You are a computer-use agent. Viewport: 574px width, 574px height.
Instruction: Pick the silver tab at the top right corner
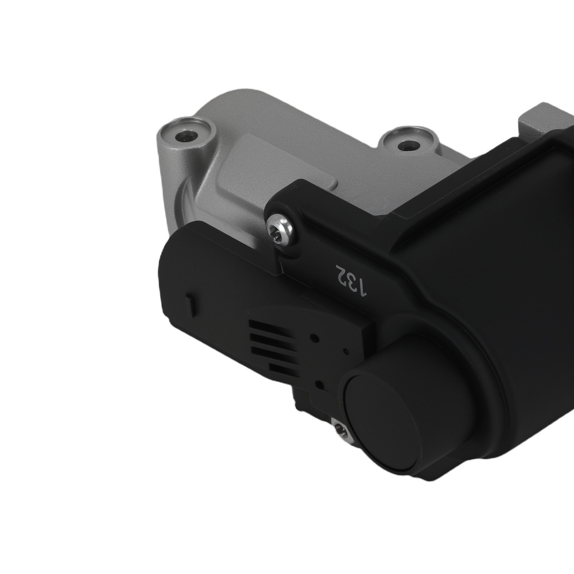click(540, 121)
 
